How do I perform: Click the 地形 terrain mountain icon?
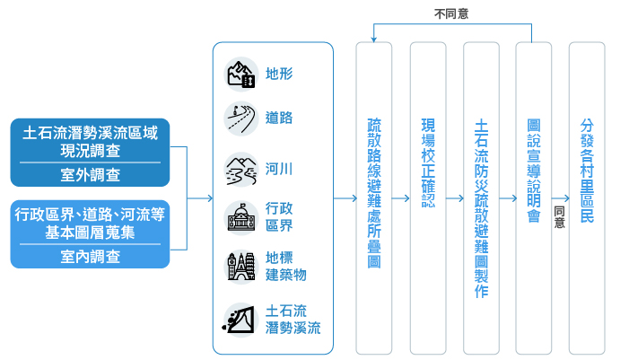point(240,74)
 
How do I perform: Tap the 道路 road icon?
point(240,118)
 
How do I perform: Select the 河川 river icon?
point(240,168)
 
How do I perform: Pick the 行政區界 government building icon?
point(240,216)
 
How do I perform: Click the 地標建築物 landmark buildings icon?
point(240,267)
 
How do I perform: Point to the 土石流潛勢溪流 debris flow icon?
point(240,319)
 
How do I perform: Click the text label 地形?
point(279,74)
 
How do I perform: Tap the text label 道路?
point(279,118)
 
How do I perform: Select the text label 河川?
point(279,168)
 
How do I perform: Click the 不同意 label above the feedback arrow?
point(450,13)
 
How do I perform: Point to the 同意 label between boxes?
point(559,216)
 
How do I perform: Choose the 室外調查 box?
point(90,174)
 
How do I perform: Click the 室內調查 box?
point(90,256)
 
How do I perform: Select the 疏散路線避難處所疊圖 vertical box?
point(373,197)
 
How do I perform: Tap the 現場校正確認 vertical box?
point(427,197)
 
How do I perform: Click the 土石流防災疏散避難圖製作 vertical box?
point(481,197)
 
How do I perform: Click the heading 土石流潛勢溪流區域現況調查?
point(90,142)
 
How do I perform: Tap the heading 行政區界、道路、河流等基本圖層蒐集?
point(90,224)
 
